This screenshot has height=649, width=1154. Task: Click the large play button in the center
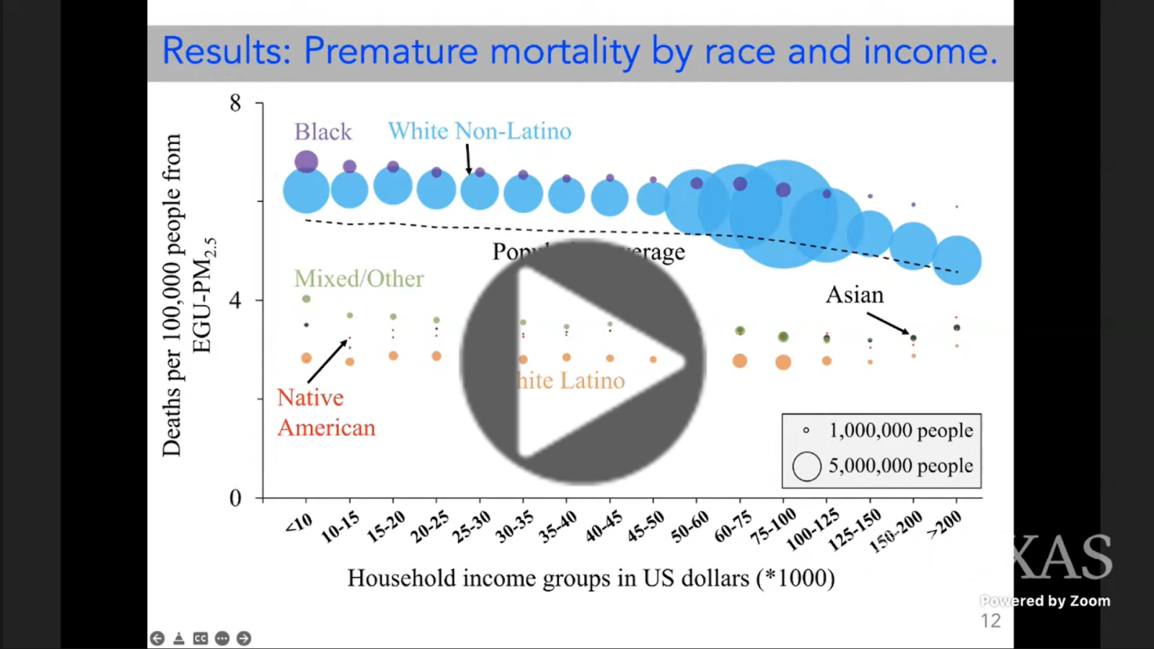[583, 362]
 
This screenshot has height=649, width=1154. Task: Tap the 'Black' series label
[322, 132]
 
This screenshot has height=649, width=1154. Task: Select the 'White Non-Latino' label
[479, 131]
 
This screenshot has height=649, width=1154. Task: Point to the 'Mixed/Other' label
[358, 279]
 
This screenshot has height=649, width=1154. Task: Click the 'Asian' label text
[854, 295]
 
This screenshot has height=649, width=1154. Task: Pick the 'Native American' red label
[326, 412]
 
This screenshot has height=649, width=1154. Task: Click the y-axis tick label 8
[235, 103]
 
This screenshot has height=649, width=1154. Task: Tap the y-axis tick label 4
[235, 300]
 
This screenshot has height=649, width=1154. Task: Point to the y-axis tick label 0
[235, 498]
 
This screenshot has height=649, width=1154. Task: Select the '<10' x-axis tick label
[298, 523]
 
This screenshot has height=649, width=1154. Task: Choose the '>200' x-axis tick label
[944, 524]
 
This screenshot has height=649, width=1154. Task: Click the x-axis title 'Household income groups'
[591, 578]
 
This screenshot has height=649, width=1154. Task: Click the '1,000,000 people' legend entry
[900, 431]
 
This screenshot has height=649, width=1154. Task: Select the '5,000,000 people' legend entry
[900, 466]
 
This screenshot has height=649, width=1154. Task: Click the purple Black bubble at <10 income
[307, 162]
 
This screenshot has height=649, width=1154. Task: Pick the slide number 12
[990, 621]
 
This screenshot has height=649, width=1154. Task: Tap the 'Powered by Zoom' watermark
[1045, 601]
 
